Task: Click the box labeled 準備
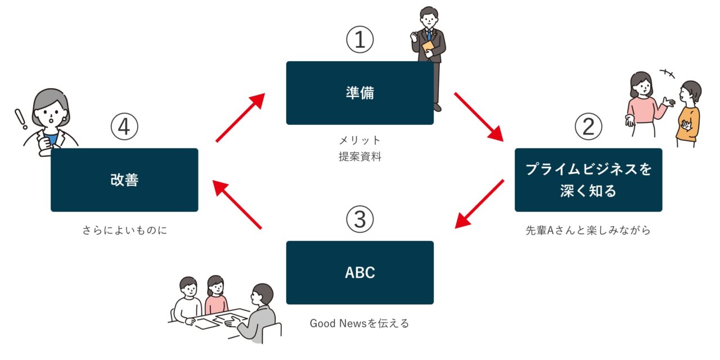click(360, 93)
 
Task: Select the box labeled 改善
click(124, 180)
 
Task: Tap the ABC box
click(360, 273)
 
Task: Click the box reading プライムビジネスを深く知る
click(588, 180)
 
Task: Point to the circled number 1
click(360, 40)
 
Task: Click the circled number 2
click(588, 128)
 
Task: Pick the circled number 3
click(360, 220)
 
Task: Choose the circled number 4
click(124, 128)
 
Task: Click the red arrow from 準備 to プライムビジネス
click(479, 116)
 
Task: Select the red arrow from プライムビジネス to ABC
click(479, 204)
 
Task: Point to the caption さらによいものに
click(124, 231)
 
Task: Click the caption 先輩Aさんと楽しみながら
click(588, 231)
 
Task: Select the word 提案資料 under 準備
click(360, 157)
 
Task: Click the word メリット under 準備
click(360, 140)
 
